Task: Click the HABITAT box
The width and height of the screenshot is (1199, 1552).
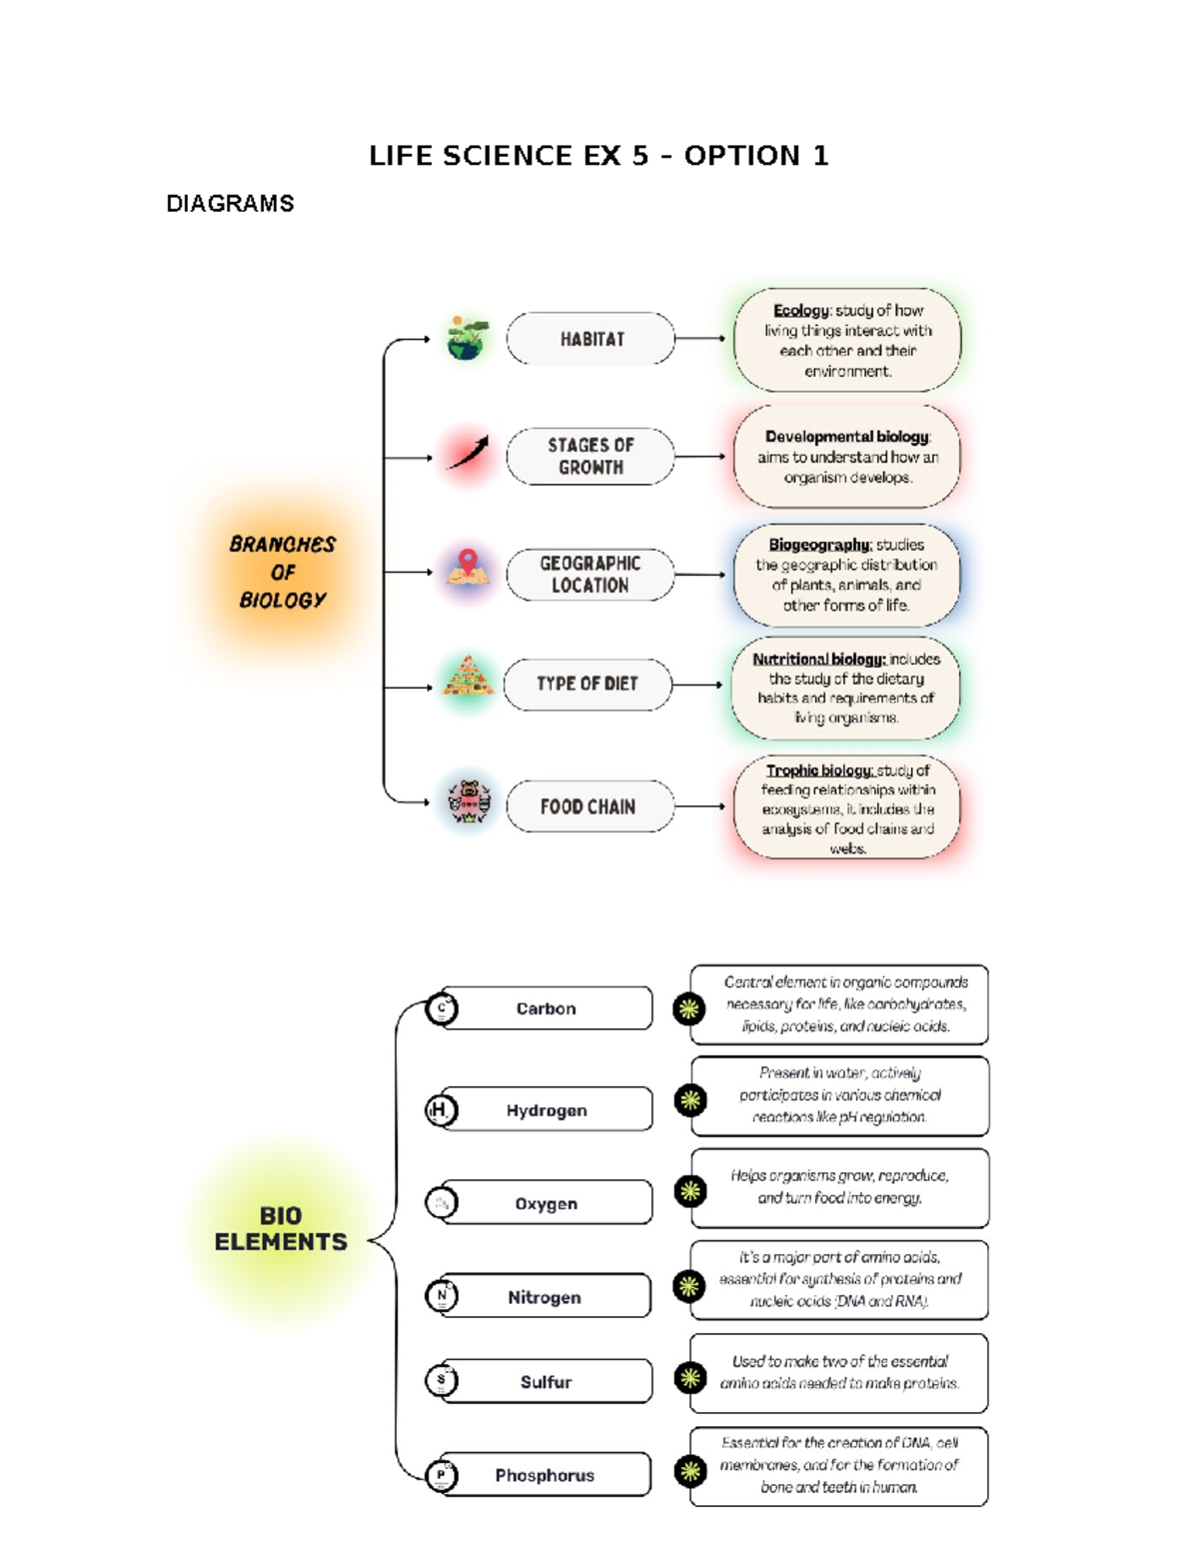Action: point(591,339)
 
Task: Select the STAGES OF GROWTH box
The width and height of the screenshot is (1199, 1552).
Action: point(591,457)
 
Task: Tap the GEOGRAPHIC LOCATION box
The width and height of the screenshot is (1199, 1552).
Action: point(591,575)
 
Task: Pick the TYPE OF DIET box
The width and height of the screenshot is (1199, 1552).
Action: point(588,685)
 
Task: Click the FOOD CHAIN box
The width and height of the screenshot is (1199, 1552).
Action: point(589,806)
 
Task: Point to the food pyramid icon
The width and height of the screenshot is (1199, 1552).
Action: point(468,677)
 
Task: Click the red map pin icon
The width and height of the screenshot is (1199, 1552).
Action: point(468,563)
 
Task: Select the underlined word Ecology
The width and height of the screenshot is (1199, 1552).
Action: point(800,311)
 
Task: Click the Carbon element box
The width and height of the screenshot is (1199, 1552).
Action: point(547,1008)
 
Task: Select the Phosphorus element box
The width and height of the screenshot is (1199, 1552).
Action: point(546,1475)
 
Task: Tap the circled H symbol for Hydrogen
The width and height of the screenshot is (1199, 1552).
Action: point(441,1110)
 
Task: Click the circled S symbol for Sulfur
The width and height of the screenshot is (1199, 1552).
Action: point(441,1380)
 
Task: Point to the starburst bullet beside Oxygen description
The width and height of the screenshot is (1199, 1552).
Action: point(689,1191)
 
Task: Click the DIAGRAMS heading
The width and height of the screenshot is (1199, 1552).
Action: point(230,204)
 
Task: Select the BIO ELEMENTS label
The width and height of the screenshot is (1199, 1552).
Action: point(281,1229)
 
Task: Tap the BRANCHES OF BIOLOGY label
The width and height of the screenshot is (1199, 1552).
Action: point(282,572)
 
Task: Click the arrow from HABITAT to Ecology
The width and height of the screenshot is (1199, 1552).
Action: point(700,339)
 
